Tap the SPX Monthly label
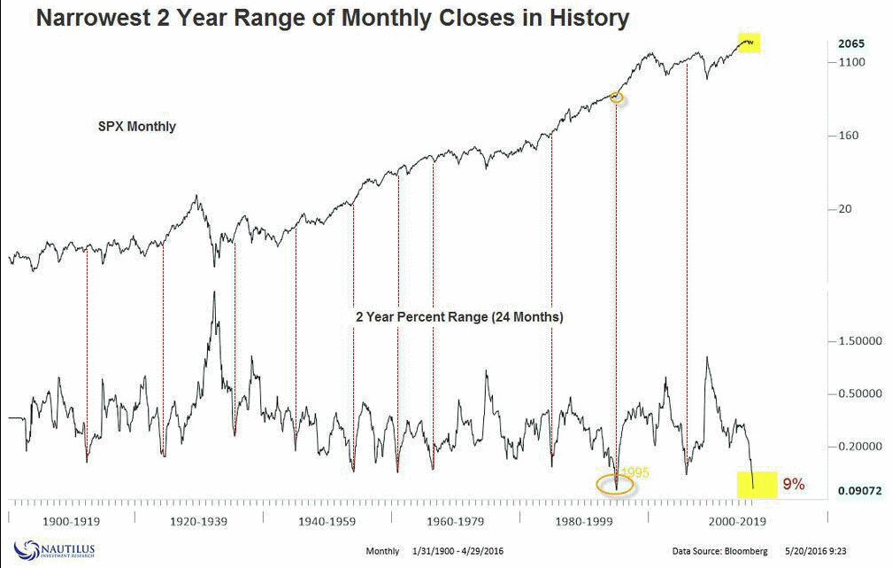[x=136, y=127]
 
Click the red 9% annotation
[x=793, y=484]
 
